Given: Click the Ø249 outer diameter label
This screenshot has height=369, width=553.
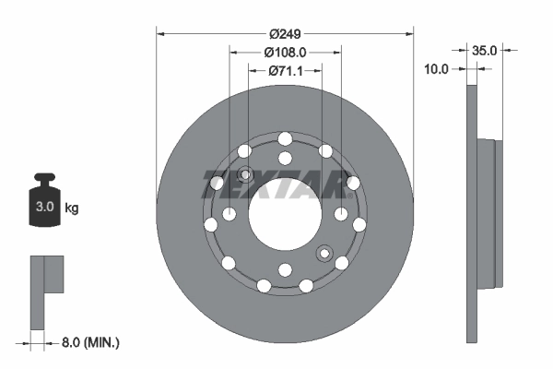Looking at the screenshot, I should [286, 19].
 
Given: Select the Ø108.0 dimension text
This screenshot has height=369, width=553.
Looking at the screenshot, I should [286, 53].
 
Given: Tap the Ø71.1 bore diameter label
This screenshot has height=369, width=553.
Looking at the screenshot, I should [286, 70].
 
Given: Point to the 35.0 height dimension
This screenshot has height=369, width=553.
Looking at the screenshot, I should [485, 52].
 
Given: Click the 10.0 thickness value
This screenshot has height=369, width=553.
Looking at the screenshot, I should [436, 68].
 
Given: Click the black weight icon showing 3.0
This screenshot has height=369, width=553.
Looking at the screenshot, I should [43, 205].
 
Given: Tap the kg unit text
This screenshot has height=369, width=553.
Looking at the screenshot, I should [72, 208].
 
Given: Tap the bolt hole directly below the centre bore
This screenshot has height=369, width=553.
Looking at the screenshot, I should [285, 269].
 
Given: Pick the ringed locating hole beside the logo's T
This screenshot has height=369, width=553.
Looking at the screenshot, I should [245, 175].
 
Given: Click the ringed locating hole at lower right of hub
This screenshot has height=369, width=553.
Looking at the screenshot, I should [324, 253].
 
